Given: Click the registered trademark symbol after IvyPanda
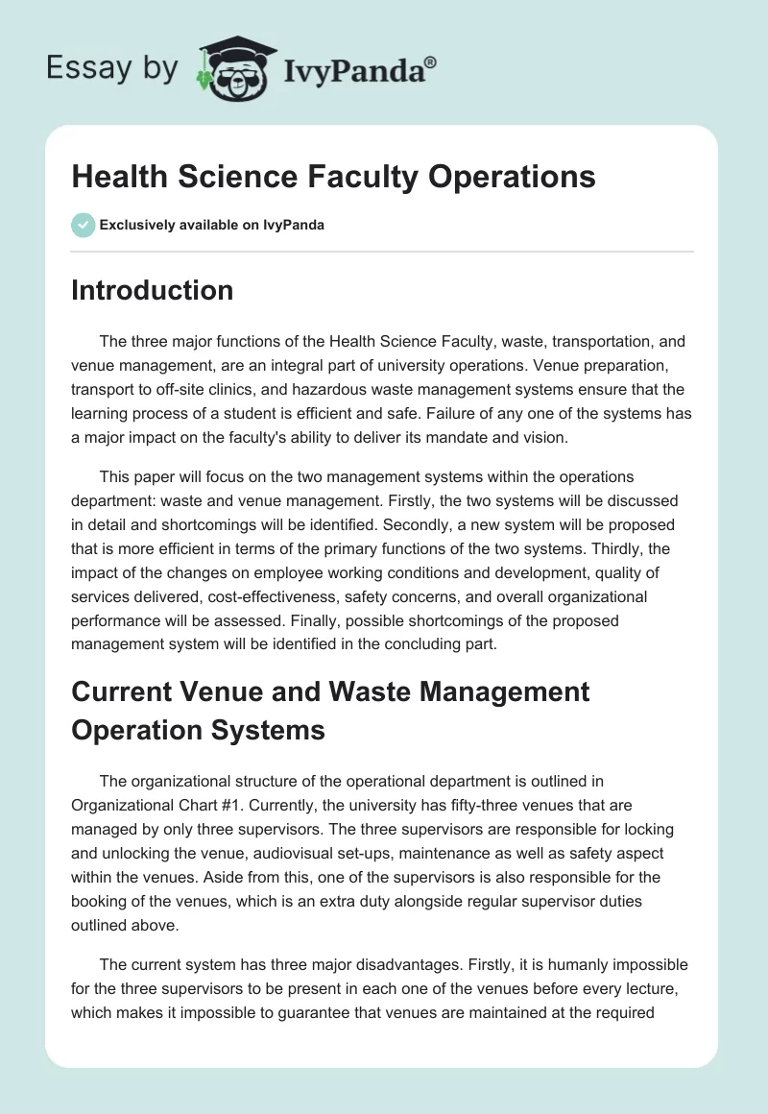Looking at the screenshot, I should click(431, 63).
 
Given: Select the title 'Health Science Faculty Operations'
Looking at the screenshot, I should click(333, 177).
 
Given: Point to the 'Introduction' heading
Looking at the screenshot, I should click(152, 290).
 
